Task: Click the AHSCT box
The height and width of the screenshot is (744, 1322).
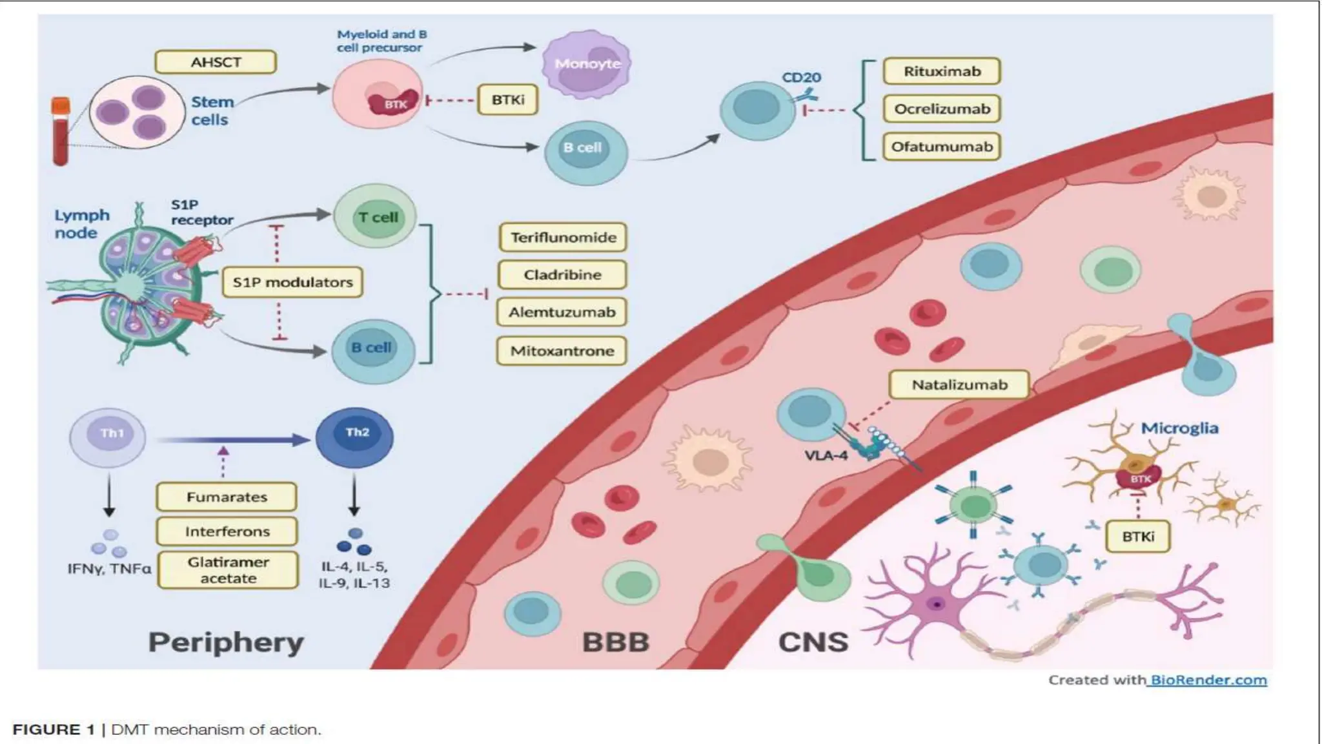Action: click(216, 62)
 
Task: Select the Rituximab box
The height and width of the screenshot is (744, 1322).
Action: click(941, 71)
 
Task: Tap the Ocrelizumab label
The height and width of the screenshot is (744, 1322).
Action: click(941, 108)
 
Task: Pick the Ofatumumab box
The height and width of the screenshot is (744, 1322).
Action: click(941, 147)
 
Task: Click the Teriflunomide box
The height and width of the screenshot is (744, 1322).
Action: click(563, 237)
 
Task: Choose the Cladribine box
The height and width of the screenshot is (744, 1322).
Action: click(562, 274)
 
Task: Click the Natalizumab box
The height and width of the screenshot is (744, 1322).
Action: click(959, 385)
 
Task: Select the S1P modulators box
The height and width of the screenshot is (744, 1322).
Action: click(292, 282)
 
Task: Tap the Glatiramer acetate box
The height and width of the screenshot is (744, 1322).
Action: click(228, 570)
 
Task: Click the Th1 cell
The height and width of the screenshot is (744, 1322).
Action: click(108, 437)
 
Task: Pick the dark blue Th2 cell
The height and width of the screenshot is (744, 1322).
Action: click(354, 437)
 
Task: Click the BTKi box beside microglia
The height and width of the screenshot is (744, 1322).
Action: click(1137, 536)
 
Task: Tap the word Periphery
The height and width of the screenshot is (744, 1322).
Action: click(226, 642)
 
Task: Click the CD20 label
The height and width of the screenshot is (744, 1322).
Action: click(801, 77)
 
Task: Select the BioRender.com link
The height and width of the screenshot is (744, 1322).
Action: click(1207, 679)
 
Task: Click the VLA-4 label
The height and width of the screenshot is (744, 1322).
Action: click(826, 455)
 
